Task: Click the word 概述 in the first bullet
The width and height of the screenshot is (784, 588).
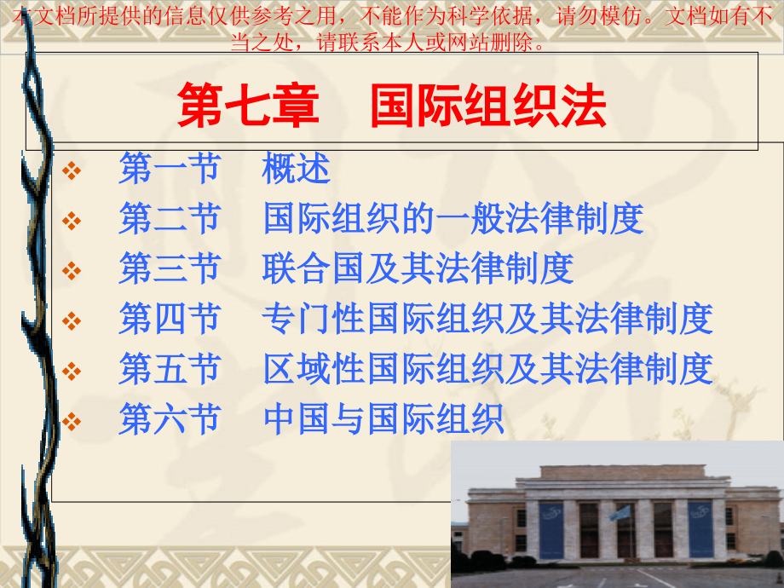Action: [x=297, y=170]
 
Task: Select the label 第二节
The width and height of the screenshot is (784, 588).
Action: [x=170, y=219]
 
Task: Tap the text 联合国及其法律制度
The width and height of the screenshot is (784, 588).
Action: [x=418, y=268]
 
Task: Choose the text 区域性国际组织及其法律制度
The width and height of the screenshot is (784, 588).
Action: [x=487, y=369]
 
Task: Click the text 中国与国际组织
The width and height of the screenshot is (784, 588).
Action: [x=383, y=419]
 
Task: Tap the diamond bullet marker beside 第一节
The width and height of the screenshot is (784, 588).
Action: [x=72, y=171]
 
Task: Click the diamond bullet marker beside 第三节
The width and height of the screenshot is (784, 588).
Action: [x=72, y=270]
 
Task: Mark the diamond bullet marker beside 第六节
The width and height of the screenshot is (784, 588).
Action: [x=72, y=420]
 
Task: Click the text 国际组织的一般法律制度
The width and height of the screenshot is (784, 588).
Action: [x=453, y=219]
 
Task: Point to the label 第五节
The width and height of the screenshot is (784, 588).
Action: [x=170, y=369]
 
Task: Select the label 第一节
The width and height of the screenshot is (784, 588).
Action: [x=170, y=170]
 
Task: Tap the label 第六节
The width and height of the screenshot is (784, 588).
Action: [x=170, y=419]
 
